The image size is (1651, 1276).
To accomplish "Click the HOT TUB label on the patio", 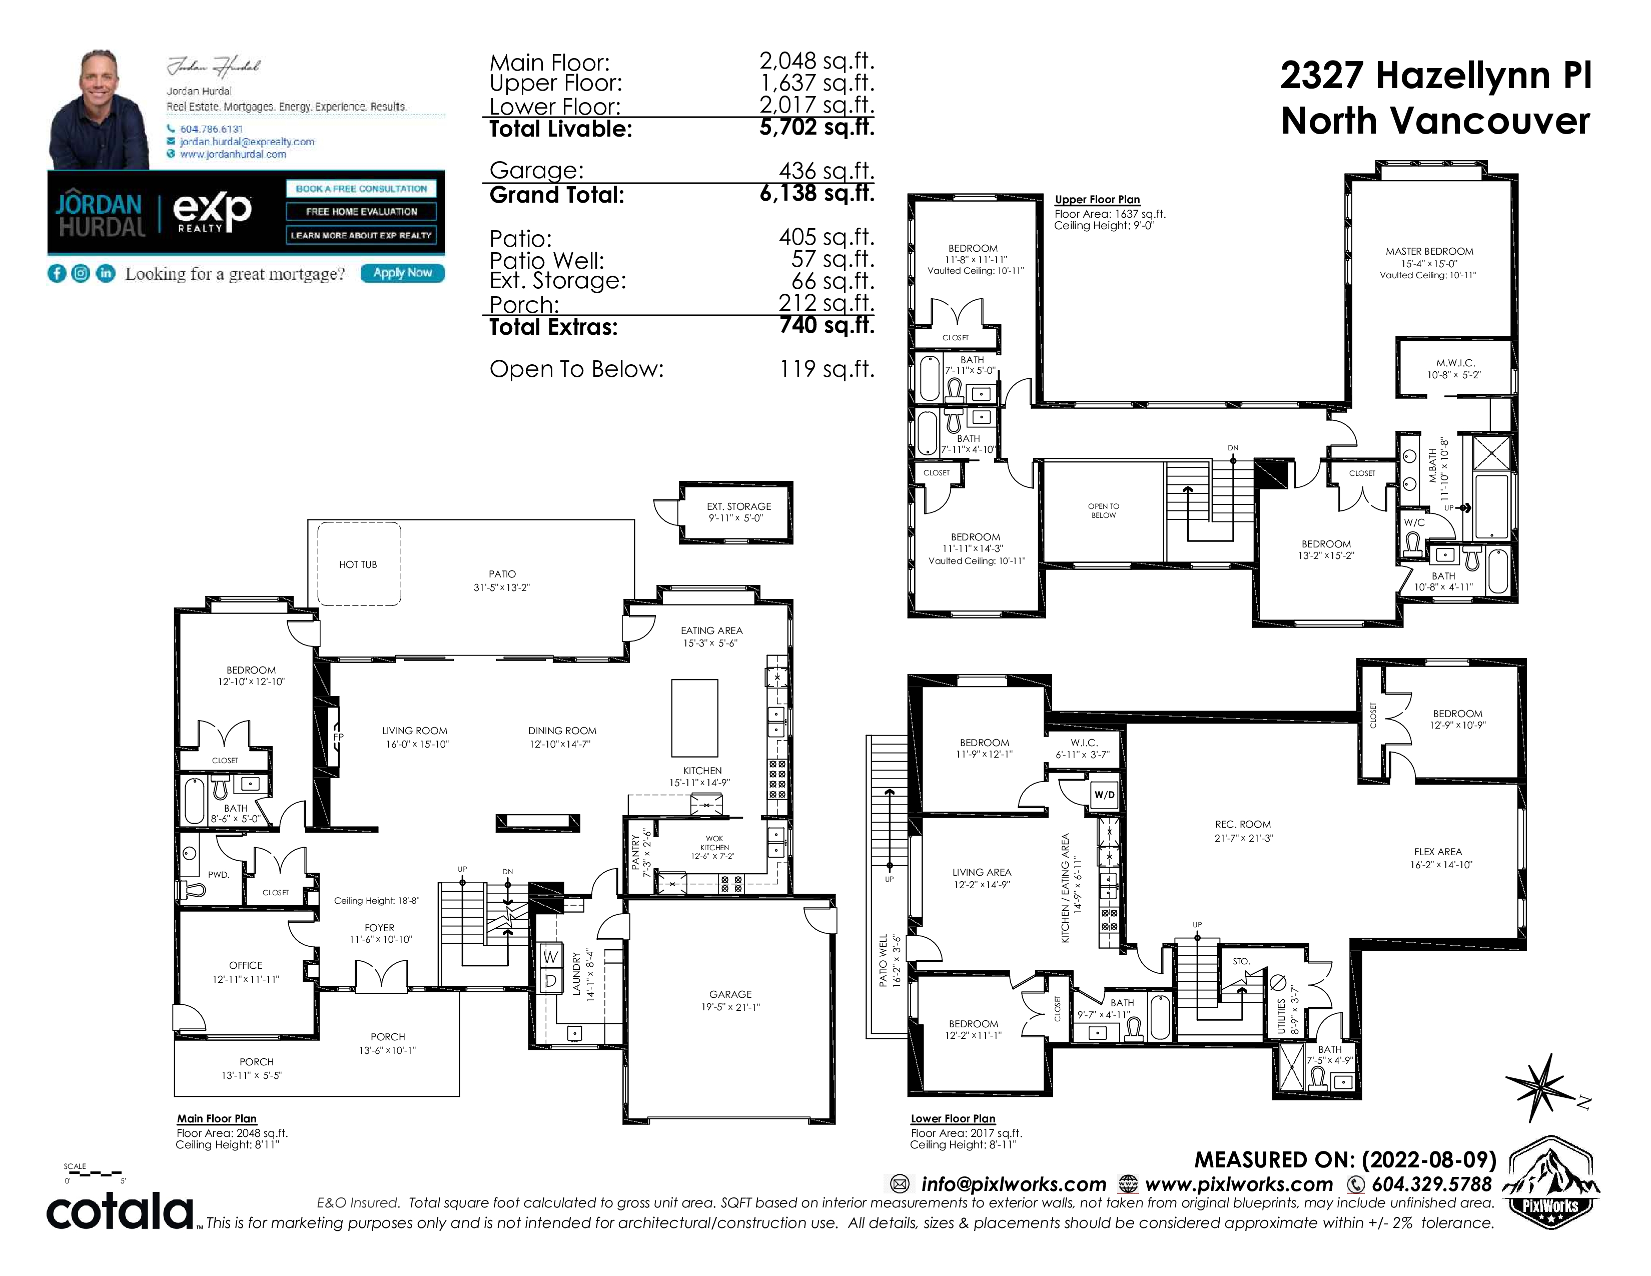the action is pyautogui.click(x=358, y=564).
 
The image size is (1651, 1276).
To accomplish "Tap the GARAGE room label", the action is pyautogui.click(x=730, y=994).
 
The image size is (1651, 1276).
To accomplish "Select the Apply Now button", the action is pyautogui.click(x=402, y=273).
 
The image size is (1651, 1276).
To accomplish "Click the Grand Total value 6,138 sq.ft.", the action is pyautogui.click(x=816, y=194).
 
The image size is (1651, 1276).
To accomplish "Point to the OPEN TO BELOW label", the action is pyautogui.click(x=1104, y=511).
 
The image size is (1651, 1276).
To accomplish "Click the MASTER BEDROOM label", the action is pyautogui.click(x=1429, y=252).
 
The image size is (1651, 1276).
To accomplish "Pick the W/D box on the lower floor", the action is pyautogui.click(x=1105, y=795).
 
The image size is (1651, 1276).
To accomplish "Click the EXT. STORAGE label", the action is pyautogui.click(x=738, y=506).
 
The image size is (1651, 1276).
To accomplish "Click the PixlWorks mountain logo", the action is pyautogui.click(x=1550, y=1181).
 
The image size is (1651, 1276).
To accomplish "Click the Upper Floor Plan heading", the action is pyautogui.click(x=1097, y=200).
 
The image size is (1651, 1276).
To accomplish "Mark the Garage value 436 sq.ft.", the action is pyautogui.click(x=827, y=171).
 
